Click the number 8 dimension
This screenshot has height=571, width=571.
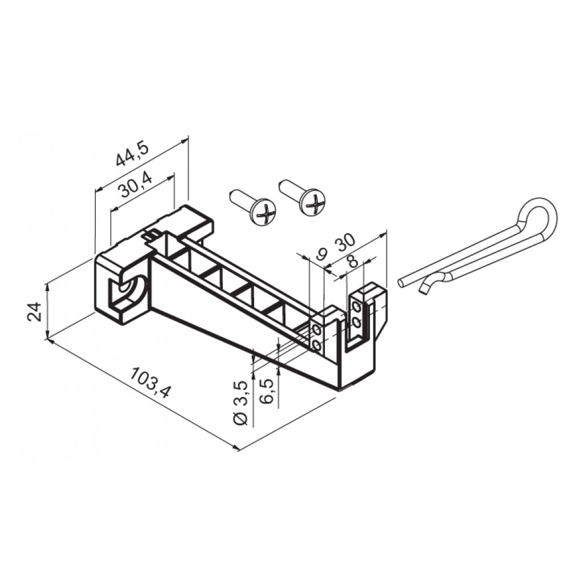(x=352, y=262)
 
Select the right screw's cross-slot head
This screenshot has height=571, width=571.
(x=314, y=202)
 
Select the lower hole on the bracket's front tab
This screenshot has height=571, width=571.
(x=316, y=344)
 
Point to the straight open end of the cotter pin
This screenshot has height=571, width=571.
(x=403, y=282)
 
